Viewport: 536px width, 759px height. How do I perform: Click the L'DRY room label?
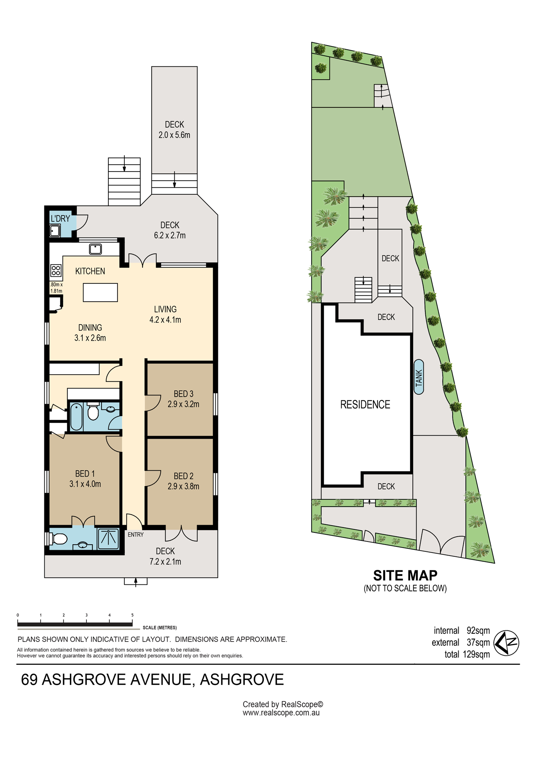click(60, 219)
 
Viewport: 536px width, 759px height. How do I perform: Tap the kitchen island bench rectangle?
click(100, 293)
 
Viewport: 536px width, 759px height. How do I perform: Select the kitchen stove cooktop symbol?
click(56, 270)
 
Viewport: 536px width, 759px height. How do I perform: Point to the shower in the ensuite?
click(108, 539)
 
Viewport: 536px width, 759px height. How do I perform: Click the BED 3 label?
click(183, 394)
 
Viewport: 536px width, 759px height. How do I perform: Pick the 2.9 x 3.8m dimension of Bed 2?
click(183, 486)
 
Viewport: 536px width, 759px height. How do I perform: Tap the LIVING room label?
click(165, 309)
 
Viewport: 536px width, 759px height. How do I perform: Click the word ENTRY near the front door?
click(136, 535)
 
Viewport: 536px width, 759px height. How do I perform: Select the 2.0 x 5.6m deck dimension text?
click(174, 135)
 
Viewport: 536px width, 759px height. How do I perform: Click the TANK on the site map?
click(419, 377)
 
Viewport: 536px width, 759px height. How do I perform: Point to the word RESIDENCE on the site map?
click(365, 405)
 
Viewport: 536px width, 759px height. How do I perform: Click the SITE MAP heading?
click(405, 576)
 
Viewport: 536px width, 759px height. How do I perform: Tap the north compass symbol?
click(506, 643)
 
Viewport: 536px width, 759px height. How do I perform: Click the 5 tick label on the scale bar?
click(132, 615)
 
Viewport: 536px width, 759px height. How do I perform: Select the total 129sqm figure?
click(467, 654)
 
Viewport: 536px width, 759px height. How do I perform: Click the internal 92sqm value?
click(478, 630)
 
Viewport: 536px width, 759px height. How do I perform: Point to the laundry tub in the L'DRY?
click(55, 230)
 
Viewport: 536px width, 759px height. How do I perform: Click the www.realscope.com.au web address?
click(281, 713)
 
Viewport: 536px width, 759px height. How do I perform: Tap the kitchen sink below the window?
click(96, 249)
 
